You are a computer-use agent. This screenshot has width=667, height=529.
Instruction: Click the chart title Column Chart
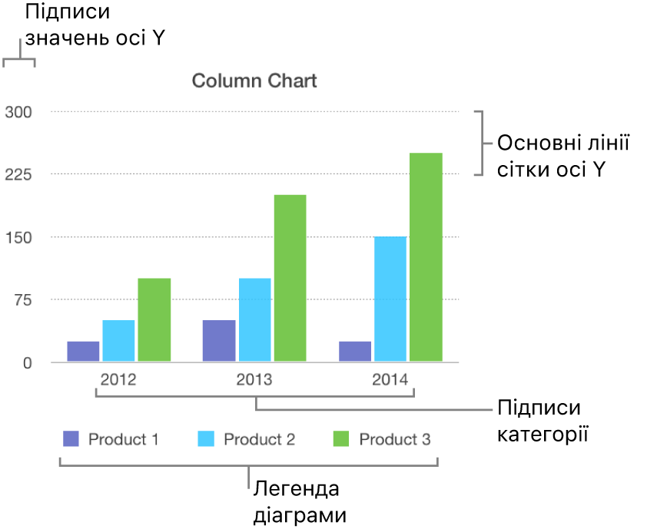[254, 81]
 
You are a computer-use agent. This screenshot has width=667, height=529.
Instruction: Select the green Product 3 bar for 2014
[426, 257]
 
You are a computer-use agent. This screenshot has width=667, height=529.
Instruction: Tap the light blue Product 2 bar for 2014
[390, 299]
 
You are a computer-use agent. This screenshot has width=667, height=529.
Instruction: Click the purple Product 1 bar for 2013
[219, 340]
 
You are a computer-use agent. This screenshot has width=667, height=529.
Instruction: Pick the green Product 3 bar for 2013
[290, 278]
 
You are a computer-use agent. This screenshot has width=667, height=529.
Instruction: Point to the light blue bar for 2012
[118, 340]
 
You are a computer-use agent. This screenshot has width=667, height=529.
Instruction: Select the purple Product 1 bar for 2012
[83, 351]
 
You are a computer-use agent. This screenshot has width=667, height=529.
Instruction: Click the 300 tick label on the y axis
[18, 112]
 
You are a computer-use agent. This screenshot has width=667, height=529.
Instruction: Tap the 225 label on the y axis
[18, 175]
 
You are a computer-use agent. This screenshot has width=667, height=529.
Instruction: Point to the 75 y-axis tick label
[21, 300]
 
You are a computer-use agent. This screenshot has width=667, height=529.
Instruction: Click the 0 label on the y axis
[27, 363]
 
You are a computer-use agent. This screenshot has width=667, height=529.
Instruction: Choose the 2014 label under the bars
[390, 379]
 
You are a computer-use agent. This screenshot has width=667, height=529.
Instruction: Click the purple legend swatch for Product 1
[70, 439]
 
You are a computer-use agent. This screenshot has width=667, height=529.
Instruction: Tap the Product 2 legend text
[259, 440]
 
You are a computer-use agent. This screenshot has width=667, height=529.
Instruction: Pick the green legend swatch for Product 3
[341, 439]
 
